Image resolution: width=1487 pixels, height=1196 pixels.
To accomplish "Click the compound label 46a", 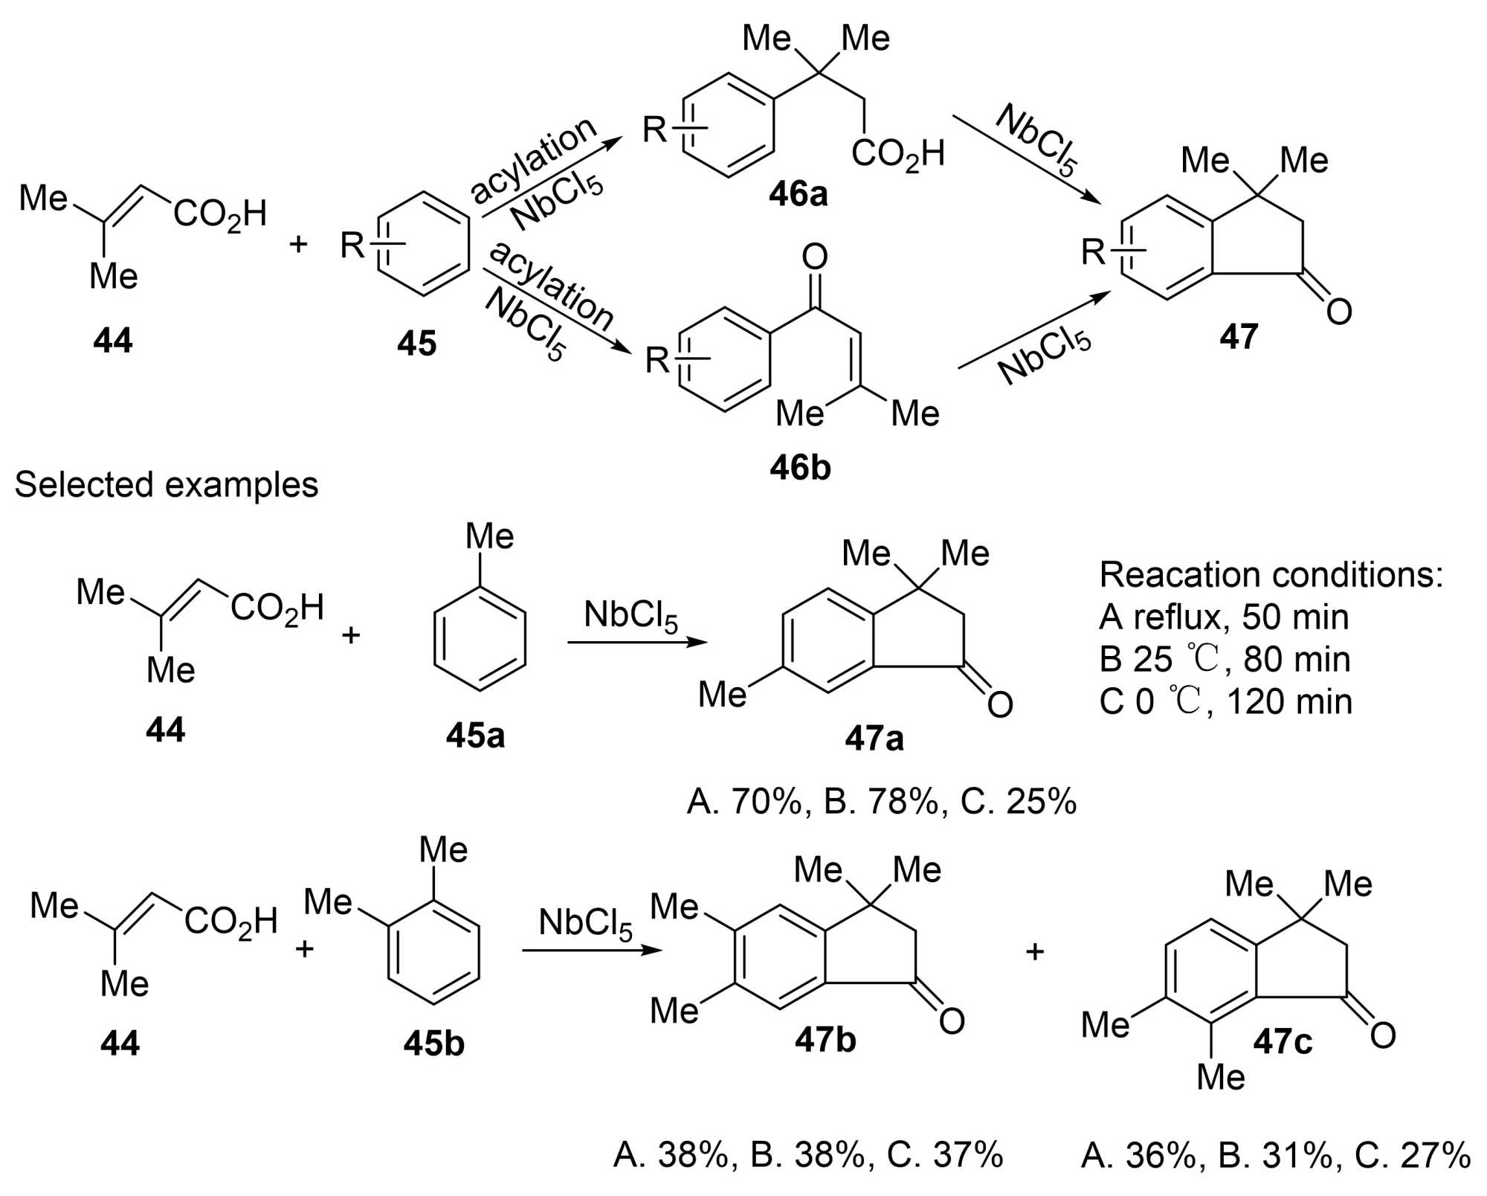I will click(x=798, y=195).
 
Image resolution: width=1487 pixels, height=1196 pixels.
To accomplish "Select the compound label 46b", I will click(x=800, y=468).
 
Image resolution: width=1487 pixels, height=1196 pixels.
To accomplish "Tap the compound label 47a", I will click(x=874, y=739).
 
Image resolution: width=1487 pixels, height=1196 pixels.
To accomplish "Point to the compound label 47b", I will click(x=825, y=1040).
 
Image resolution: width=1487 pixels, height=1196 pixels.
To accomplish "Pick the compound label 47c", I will click(x=1283, y=1042).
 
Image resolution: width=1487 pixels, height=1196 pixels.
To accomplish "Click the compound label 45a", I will click(x=475, y=736).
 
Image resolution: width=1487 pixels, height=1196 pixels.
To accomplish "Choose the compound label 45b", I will click(x=434, y=1044).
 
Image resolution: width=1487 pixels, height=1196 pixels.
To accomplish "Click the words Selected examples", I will click(x=167, y=485).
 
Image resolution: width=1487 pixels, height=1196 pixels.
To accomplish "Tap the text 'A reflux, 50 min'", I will click(x=1224, y=617).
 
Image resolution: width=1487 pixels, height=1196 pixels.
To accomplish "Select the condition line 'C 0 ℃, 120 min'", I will click(x=1225, y=702).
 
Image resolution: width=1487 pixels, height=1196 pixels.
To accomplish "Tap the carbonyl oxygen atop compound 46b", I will click(x=815, y=257).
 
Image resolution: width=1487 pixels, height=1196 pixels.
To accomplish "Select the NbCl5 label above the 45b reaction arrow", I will click(x=585, y=924).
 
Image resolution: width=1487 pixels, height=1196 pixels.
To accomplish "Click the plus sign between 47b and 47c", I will click(x=1035, y=951).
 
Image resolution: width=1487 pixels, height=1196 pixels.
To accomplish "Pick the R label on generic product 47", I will click(x=1094, y=252).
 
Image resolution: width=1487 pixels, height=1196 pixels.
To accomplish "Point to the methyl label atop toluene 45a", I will click(x=489, y=536).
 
